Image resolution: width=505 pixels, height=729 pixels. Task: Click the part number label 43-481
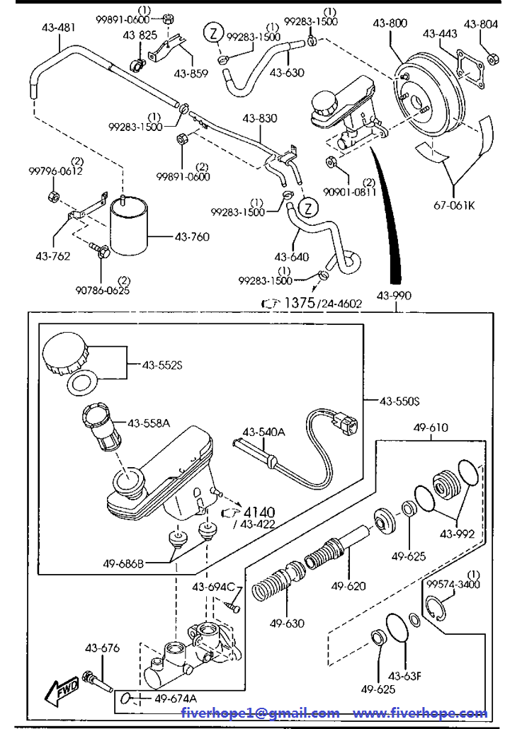pyautogui.click(x=58, y=28)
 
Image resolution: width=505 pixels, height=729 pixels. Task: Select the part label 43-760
pyautogui.click(x=192, y=236)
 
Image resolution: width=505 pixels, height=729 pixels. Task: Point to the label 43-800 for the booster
pyautogui.click(x=390, y=23)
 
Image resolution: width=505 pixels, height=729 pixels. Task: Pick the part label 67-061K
pyautogui.click(x=454, y=205)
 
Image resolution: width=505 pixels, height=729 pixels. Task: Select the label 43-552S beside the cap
pyautogui.click(x=162, y=365)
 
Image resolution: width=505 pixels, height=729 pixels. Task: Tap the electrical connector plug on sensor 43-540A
pyautogui.click(x=344, y=420)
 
